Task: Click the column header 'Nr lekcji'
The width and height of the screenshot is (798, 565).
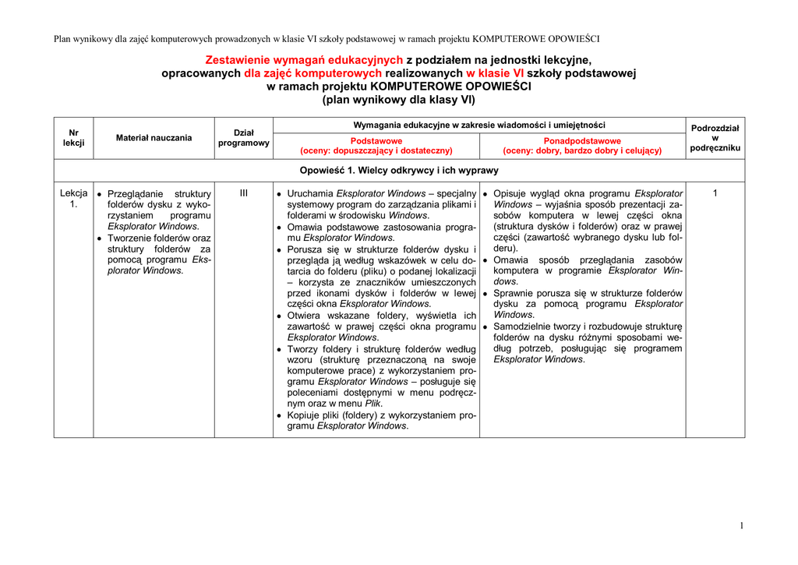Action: pyautogui.click(x=73, y=138)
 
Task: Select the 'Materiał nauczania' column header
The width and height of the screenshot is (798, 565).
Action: pyautogui.click(x=154, y=138)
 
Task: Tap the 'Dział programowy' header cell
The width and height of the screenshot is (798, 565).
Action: pyautogui.click(x=243, y=138)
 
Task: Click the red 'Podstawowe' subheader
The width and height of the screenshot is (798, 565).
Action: pyautogui.click(x=376, y=146)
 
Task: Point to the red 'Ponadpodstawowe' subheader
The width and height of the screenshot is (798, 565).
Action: pyautogui.click(x=581, y=146)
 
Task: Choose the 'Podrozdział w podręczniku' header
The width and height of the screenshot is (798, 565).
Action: pyautogui.click(x=715, y=138)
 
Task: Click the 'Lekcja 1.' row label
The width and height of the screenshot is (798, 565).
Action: pyautogui.click(x=73, y=199)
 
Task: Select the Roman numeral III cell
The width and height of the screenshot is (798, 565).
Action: pyautogui.click(x=243, y=193)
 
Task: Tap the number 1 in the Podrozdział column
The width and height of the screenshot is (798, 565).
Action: pyautogui.click(x=715, y=193)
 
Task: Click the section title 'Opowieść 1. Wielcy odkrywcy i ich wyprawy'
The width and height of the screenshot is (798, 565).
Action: pyautogui.click(x=399, y=170)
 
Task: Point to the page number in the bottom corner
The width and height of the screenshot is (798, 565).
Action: pyautogui.click(x=741, y=526)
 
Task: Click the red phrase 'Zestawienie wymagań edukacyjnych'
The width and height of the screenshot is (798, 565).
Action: pyautogui.click(x=304, y=60)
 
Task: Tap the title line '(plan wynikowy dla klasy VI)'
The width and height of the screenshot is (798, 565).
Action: pyautogui.click(x=399, y=100)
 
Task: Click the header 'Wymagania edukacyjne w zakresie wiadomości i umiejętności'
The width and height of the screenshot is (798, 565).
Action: pyautogui.click(x=479, y=125)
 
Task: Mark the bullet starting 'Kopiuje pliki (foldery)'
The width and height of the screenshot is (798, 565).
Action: pyautogui.click(x=381, y=421)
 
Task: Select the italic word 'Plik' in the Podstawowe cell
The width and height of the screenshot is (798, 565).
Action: pyautogui.click(x=373, y=404)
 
